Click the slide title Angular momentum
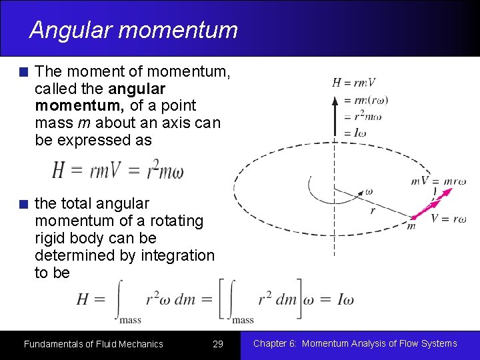(133, 30)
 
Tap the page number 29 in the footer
(217, 344)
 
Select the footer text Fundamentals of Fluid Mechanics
(93, 344)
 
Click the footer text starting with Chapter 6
(355, 343)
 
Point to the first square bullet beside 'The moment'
(24, 72)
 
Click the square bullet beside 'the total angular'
(24, 204)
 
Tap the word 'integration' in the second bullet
(178, 255)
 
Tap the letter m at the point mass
(411, 226)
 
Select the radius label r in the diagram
(373, 210)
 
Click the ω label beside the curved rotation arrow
(369, 191)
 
